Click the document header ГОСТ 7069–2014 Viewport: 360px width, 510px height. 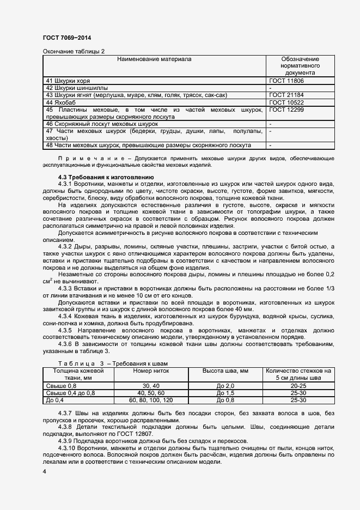click(x=66, y=38)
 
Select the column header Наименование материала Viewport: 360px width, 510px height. click(x=155, y=59)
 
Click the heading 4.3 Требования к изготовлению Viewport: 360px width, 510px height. click(x=106, y=177)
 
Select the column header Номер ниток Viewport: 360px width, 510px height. click(x=151, y=371)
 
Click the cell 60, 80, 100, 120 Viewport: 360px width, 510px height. click(x=151, y=400)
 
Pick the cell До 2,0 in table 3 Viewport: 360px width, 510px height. click(x=225, y=386)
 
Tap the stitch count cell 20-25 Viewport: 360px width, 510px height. click(x=297, y=386)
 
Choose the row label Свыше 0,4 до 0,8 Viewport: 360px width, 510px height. click(x=70, y=393)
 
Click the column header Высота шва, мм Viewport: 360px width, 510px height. click(x=225, y=371)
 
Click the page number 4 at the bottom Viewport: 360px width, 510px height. click(x=45, y=470)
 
